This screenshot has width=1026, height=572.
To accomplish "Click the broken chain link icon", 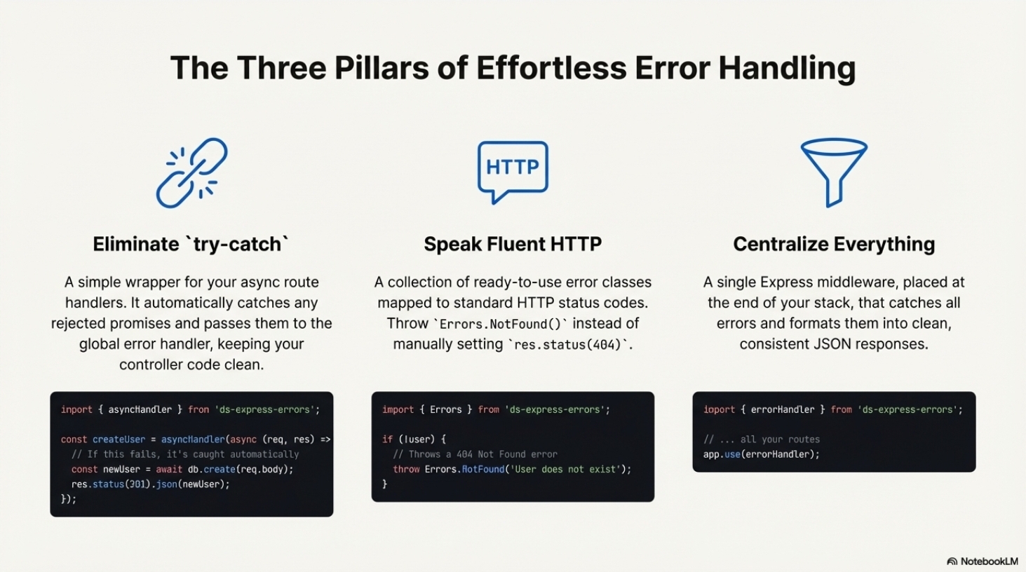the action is (191, 173).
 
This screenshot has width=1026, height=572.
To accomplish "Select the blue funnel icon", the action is (834, 172).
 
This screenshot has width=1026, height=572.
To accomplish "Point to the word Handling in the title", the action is (787, 69).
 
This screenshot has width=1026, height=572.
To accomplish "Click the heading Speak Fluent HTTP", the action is (513, 244).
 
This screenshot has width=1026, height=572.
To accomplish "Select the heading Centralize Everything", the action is (834, 244).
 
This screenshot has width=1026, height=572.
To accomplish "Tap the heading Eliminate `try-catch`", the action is (191, 244).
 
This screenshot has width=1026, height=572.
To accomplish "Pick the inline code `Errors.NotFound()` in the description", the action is (500, 325).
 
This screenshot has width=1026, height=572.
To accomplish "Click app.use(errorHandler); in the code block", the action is (761, 454).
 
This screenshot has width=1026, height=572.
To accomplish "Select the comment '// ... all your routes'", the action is (761, 440).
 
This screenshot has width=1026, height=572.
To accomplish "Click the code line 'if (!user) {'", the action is (414, 440).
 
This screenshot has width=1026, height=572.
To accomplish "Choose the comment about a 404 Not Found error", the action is (475, 454).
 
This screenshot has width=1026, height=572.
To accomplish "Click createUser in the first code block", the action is (119, 440).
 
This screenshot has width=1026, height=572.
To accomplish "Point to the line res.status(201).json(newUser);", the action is (150, 484).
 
